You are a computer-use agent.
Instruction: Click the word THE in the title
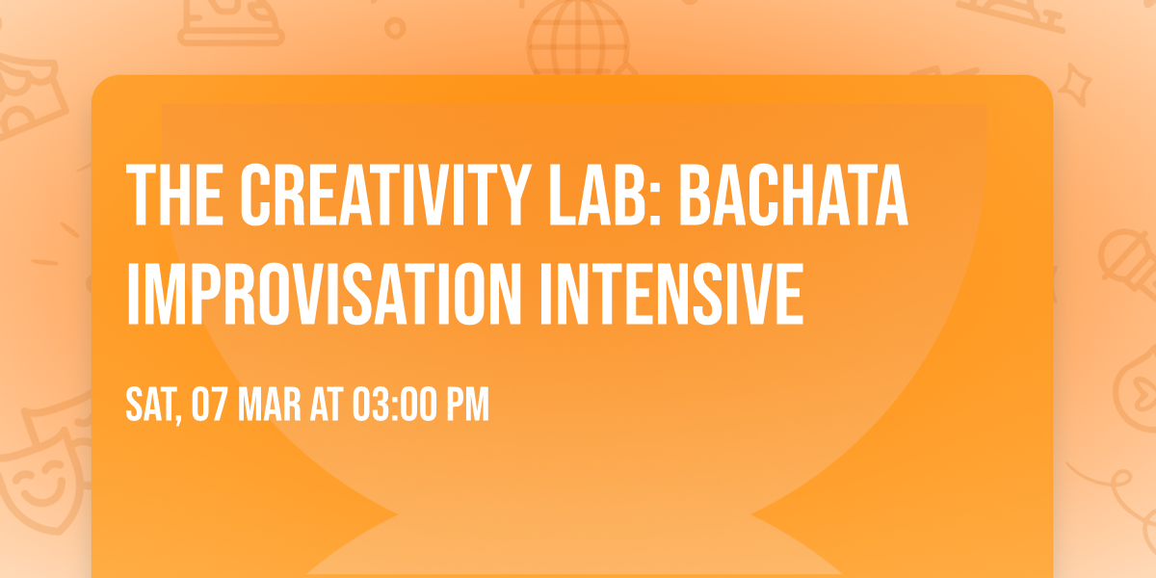tap(173, 196)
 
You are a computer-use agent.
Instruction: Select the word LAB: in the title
tap(611, 196)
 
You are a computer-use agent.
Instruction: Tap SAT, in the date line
tap(153, 406)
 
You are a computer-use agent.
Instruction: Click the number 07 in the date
tap(212, 406)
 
